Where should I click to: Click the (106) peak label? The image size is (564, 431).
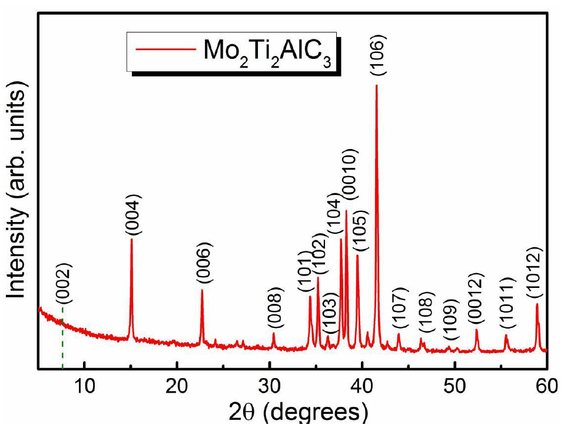[x=377, y=55]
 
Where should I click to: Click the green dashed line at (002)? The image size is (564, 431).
[x=62, y=342]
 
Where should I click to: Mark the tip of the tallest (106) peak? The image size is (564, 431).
[x=377, y=86]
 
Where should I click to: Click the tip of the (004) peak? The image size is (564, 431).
[x=131, y=239]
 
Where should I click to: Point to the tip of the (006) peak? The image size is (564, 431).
[x=202, y=290]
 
